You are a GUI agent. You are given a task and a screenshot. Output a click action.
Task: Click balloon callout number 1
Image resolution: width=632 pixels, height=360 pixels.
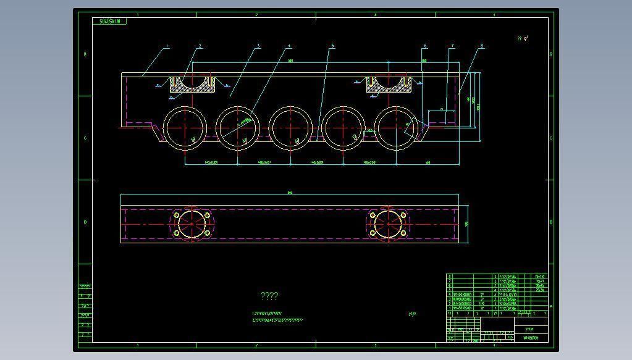(x=167, y=46)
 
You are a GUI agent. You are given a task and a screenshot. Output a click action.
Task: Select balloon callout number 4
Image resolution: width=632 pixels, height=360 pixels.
(x=289, y=46)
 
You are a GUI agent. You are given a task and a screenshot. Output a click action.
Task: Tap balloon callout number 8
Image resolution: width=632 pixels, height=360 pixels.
(x=482, y=46)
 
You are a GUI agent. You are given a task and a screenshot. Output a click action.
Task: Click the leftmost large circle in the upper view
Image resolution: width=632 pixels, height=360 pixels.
(x=185, y=128)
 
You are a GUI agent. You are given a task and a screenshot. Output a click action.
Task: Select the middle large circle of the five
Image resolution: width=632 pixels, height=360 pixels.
(x=290, y=128)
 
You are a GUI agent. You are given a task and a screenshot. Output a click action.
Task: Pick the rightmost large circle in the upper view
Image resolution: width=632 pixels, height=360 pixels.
(x=396, y=128)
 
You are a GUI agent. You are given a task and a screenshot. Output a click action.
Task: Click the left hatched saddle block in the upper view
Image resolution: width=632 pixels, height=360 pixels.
(x=192, y=85)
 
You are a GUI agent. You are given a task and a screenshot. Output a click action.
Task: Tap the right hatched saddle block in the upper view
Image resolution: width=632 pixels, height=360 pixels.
(x=389, y=85)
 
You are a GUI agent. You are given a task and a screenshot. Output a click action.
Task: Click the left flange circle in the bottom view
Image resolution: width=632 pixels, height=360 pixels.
(x=192, y=224)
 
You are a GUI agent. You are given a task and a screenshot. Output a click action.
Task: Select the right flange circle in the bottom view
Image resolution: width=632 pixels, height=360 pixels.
(x=388, y=224)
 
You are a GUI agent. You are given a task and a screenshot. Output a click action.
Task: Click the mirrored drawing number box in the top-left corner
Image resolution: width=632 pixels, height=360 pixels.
(x=112, y=21)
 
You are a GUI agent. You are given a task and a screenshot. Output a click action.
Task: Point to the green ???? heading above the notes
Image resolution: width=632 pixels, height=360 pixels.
(x=270, y=296)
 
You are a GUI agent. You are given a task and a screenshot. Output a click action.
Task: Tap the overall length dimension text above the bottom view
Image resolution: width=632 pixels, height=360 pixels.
(x=290, y=193)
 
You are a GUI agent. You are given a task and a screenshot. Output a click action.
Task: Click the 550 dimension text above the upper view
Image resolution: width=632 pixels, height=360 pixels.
(x=290, y=61)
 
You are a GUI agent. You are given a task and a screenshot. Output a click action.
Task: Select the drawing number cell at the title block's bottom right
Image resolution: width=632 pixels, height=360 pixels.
(x=531, y=338)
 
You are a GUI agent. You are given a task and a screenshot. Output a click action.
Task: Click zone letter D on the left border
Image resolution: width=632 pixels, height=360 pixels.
(x=85, y=54)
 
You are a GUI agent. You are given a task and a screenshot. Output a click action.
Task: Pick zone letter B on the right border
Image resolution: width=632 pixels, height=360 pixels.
(x=551, y=222)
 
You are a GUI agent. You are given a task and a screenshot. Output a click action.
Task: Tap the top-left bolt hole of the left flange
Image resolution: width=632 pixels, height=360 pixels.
(x=177, y=216)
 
